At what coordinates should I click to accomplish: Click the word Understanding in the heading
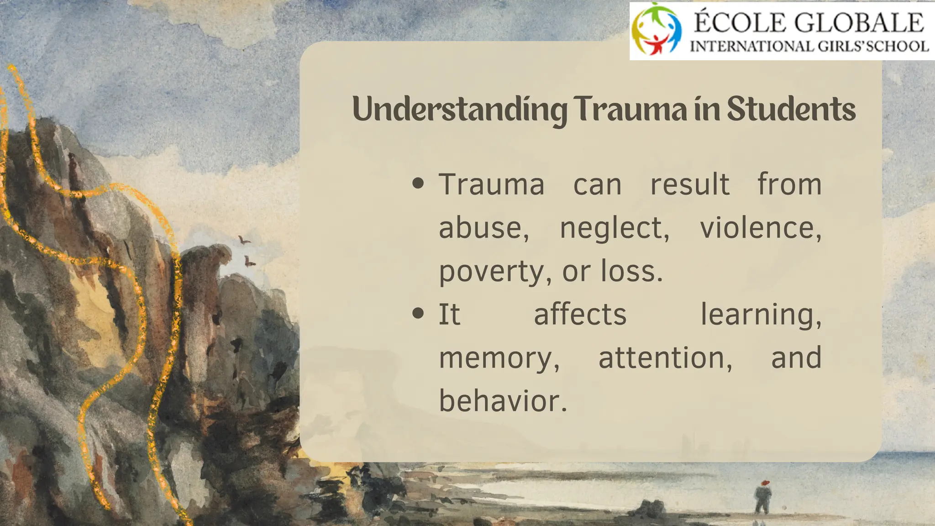[459, 110]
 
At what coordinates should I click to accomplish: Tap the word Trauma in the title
[630, 109]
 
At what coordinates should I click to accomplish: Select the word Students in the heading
[791, 109]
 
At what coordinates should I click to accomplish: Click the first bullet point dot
[418, 184]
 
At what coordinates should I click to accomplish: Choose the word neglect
[614, 228]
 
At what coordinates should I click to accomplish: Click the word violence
[761, 228]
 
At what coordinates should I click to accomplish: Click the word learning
[761, 315]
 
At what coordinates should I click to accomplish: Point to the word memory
[499, 358]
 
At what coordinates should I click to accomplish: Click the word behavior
[503, 401]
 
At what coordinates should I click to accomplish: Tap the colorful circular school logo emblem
[656, 29]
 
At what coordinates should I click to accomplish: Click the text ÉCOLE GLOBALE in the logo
[808, 22]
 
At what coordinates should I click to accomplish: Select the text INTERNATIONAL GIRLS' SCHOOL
[809, 46]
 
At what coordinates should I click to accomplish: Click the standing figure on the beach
[763, 497]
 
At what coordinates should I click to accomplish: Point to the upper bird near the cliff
[244, 240]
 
